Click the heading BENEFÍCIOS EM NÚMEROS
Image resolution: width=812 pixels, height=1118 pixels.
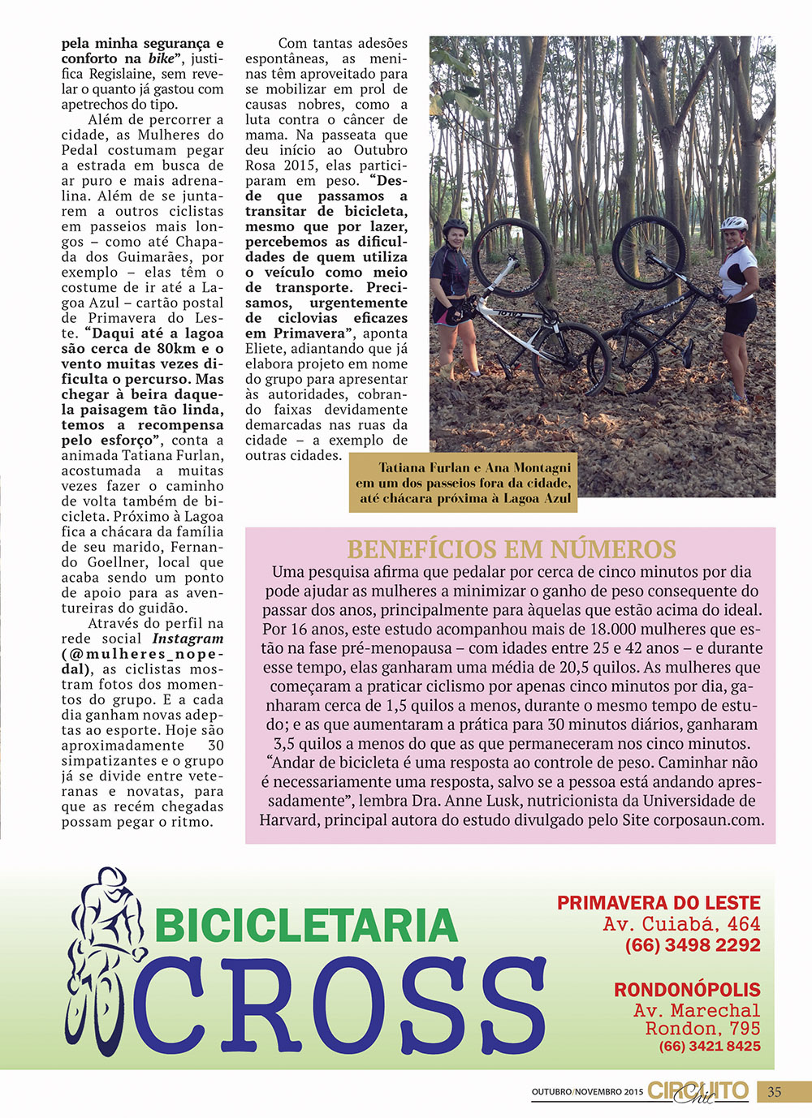click(x=511, y=549)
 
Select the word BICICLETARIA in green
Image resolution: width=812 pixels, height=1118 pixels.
click(x=306, y=926)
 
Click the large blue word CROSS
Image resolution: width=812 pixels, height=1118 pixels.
click(x=339, y=1006)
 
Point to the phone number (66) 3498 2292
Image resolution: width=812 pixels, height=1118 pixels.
click(x=692, y=945)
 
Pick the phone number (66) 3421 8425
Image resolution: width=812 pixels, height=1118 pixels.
click(x=710, y=1047)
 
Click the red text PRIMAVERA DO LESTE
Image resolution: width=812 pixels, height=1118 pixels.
click(x=659, y=903)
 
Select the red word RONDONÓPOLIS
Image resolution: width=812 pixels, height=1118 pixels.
click(x=687, y=990)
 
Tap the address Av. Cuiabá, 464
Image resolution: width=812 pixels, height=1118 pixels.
click(x=681, y=924)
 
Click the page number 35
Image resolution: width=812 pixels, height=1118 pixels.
click(x=774, y=1092)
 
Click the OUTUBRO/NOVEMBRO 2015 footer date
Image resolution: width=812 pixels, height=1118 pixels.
click(x=587, y=1092)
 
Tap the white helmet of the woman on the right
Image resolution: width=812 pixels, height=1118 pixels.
click(x=734, y=223)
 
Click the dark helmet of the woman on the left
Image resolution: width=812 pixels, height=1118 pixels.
click(x=456, y=226)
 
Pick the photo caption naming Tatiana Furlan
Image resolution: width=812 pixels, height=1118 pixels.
click(x=464, y=483)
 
